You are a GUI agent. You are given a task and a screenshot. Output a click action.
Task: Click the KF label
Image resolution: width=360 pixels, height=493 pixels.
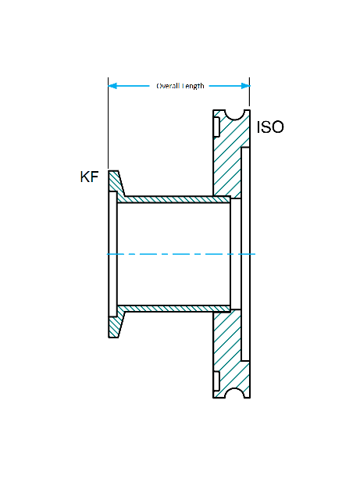[x=89, y=177]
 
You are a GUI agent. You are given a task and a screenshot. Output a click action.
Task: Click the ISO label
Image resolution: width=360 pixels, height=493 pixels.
[x=270, y=127]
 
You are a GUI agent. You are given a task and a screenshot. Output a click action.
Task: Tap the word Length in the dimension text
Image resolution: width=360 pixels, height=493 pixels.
[x=193, y=86]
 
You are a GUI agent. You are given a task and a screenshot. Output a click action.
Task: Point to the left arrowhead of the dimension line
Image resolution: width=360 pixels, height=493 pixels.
[x=112, y=86]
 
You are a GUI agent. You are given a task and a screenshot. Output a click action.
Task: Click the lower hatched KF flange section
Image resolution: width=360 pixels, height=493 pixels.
[x=115, y=323]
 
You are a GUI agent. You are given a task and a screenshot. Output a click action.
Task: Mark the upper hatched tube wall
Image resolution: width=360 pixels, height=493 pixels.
[x=172, y=200]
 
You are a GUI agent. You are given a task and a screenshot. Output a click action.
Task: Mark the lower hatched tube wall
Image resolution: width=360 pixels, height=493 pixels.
[x=172, y=308]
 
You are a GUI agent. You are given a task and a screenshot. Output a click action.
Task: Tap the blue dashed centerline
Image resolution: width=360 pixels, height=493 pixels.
[x=180, y=254]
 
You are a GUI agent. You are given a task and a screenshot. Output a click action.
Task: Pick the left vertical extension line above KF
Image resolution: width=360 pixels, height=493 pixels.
[x=109, y=125]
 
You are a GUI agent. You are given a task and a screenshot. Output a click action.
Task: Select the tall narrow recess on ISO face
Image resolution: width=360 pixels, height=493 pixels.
[x=246, y=254]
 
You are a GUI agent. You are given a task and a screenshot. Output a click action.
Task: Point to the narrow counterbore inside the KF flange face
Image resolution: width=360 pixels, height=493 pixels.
[x=112, y=254]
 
